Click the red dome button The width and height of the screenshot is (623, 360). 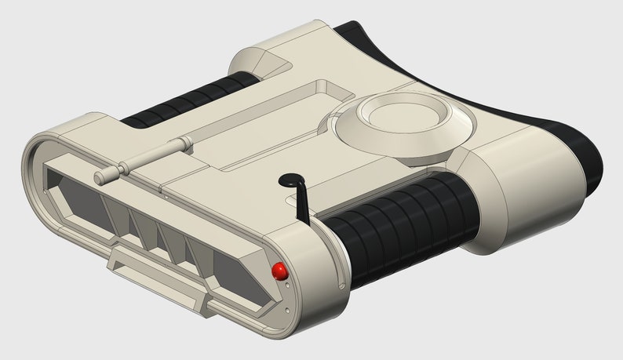279,271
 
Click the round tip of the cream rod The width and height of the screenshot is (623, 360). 99,179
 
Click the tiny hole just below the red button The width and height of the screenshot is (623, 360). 288,285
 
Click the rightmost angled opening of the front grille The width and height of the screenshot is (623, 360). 235,275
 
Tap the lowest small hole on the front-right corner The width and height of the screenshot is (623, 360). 289,311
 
